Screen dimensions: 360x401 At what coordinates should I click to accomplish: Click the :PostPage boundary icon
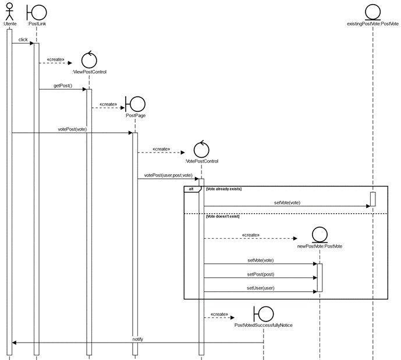click(136, 104)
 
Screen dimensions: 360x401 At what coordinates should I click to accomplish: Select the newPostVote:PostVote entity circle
click(320, 235)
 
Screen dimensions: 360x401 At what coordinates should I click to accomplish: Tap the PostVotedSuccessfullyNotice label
click(263, 326)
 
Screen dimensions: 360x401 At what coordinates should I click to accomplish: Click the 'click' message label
click(23, 40)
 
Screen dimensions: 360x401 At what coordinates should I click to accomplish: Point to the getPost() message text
click(62, 86)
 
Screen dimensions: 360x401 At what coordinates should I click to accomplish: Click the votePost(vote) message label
click(72, 129)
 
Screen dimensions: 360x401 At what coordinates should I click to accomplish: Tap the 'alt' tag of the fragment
click(191, 189)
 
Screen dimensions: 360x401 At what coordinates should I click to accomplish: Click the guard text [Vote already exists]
click(223, 189)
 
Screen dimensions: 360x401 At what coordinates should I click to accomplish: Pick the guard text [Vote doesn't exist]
click(222, 216)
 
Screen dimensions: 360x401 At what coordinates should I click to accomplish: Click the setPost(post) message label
click(260, 274)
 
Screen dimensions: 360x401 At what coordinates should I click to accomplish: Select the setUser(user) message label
click(260, 287)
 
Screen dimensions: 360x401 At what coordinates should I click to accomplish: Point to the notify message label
click(137, 338)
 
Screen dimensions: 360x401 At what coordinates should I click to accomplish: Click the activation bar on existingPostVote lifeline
click(372, 199)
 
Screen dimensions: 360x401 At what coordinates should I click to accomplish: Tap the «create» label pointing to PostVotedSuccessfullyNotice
click(218, 314)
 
